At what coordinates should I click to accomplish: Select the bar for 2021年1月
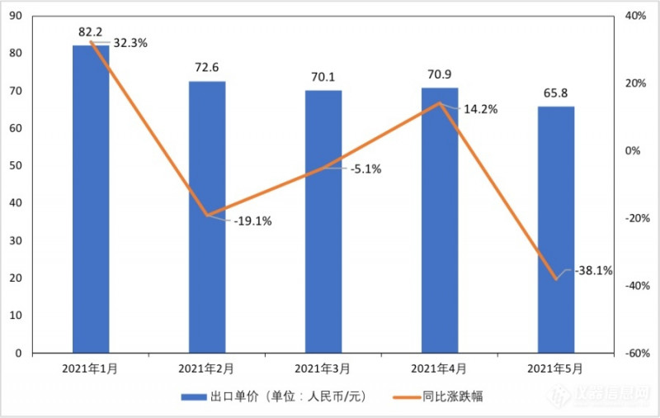(91, 198)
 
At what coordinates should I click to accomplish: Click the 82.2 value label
(91, 32)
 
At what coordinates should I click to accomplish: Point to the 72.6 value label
(207, 67)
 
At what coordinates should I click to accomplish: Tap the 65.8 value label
(556, 93)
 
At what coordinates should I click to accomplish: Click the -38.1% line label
(590, 270)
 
